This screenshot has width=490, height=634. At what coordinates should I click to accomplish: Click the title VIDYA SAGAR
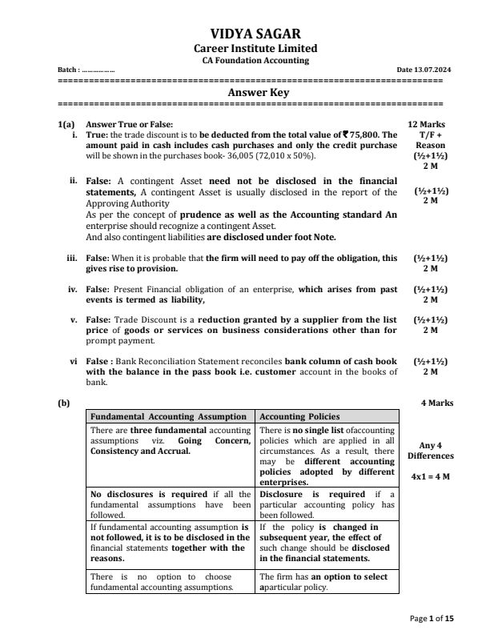point(245,34)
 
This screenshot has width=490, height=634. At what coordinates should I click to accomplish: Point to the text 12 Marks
point(427,125)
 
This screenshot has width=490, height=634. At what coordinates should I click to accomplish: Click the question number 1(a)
point(66,125)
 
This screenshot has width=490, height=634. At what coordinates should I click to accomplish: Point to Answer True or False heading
point(129,125)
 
